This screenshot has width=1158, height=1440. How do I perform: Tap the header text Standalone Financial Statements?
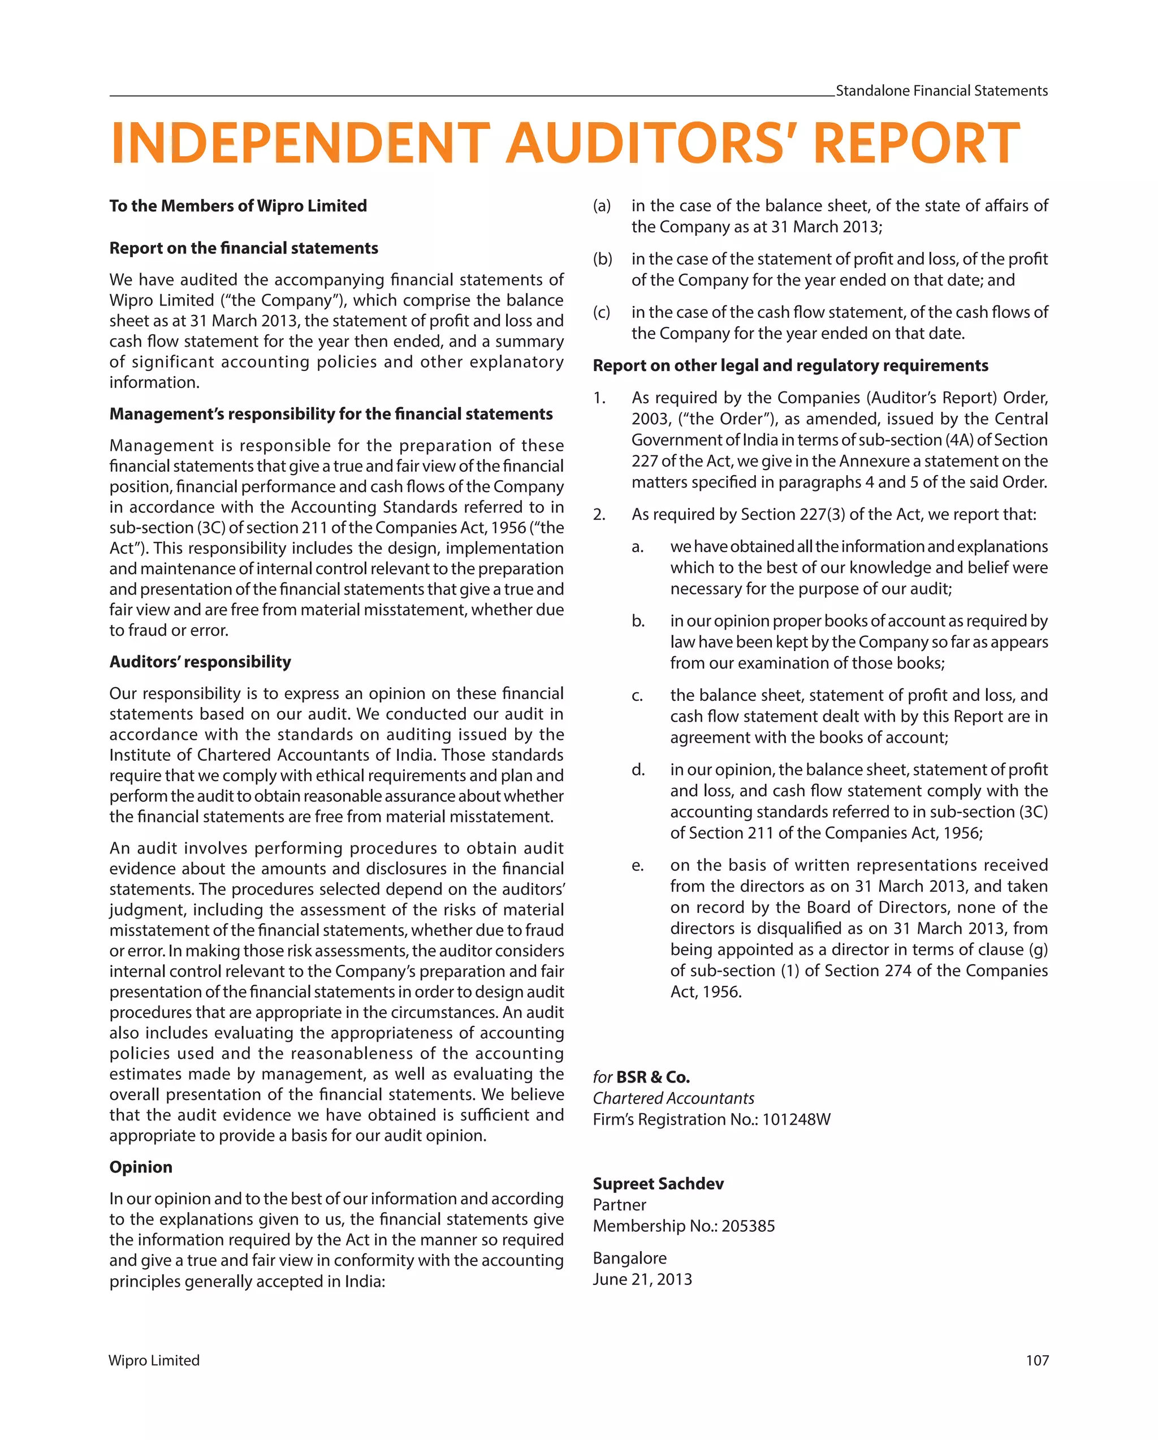pyautogui.click(x=941, y=91)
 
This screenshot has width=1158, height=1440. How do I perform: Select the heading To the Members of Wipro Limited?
pyautogui.click(x=237, y=206)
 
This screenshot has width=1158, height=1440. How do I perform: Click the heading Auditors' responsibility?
pyautogui.click(x=200, y=661)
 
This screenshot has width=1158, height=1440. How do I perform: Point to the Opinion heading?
pyautogui.click(x=141, y=1166)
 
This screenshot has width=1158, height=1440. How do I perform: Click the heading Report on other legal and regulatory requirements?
pyautogui.click(x=790, y=365)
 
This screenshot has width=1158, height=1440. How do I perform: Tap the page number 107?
pyautogui.click(x=1036, y=1360)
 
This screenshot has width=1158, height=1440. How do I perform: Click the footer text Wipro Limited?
pyautogui.click(x=154, y=1360)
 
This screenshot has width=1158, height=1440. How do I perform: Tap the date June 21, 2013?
pyautogui.click(x=642, y=1278)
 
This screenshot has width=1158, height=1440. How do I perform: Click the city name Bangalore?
pyautogui.click(x=629, y=1258)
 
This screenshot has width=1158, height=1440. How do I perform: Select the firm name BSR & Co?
pyautogui.click(x=653, y=1077)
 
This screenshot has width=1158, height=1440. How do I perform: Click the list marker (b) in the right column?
pyautogui.click(x=602, y=259)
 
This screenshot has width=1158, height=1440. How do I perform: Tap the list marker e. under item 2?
pyautogui.click(x=637, y=865)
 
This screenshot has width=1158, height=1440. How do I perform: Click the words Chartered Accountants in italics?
pyautogui.click(x=673, y=1098)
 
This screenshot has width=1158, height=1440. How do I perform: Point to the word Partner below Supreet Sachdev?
pyautogui.click(x=619, y=1204)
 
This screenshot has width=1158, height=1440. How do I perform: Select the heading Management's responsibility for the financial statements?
pyautogui.click(x=331, y=414)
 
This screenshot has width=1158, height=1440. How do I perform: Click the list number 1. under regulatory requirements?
pyautogui.click(x=599, y=398)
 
